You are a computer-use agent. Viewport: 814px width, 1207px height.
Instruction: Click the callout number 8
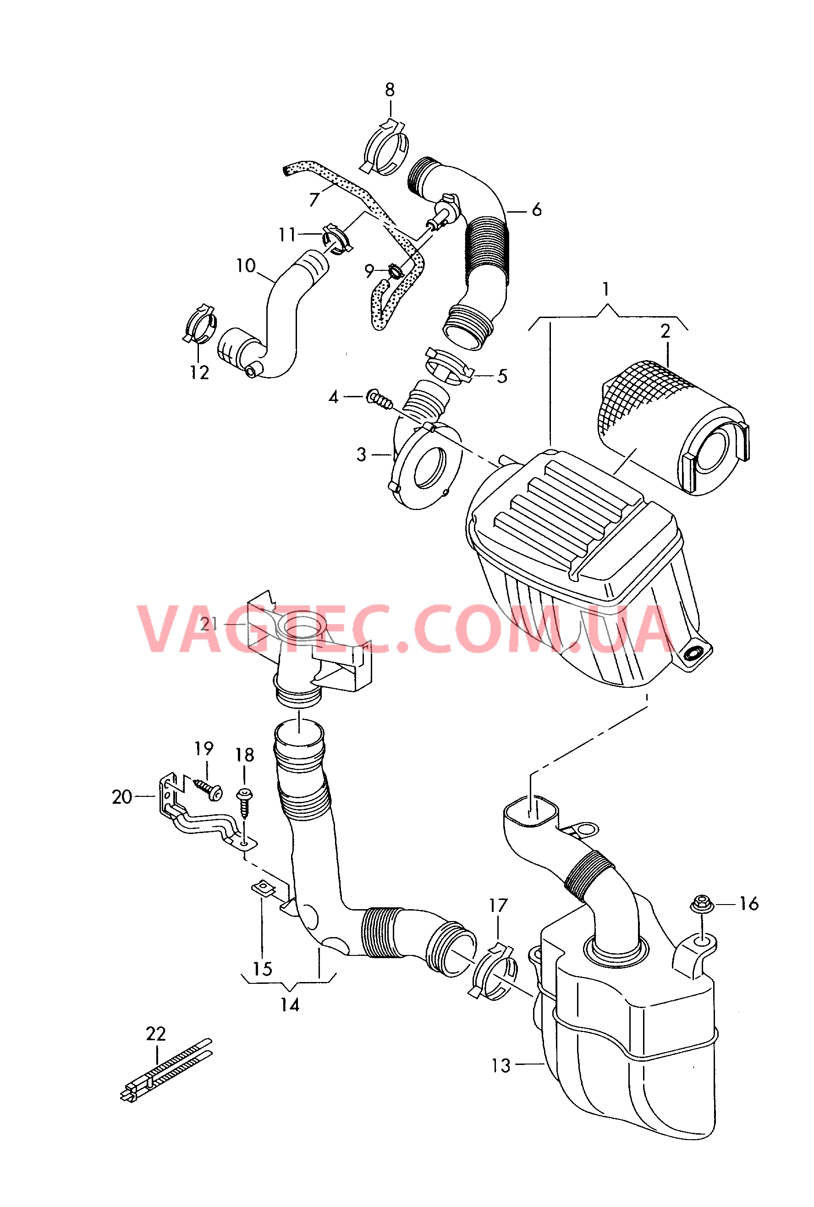point(390,90)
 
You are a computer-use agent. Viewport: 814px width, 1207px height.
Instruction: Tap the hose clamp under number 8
point(384,147)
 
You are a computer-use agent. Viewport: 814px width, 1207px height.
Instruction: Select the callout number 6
point(537,210)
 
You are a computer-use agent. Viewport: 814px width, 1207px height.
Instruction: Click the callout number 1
point(606,289)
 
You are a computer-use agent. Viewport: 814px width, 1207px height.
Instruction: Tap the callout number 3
point(361,455)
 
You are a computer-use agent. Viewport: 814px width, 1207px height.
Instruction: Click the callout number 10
point(246,266)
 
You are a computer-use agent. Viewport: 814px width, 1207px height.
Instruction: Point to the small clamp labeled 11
point(337,239)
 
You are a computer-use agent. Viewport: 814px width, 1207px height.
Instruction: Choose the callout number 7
point(314,199)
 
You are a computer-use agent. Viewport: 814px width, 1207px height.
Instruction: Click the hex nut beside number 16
point(701,904)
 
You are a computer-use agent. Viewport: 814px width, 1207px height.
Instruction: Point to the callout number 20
point(122,797)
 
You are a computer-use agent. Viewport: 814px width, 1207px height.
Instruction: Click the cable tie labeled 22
point(166,1070)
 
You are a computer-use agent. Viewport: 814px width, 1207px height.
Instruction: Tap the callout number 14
point(290,1005)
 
